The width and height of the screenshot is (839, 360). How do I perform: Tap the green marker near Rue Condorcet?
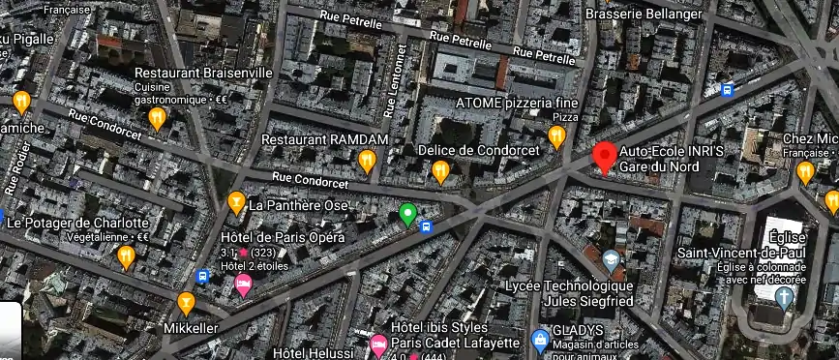(408, 214)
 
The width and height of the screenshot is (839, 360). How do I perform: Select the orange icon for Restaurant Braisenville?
(157, 117)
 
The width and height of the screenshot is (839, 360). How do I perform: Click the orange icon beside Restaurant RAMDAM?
(367, 160)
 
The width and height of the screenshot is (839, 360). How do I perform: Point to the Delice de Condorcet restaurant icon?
(440, 171)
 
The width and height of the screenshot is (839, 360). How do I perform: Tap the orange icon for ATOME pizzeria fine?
(556, 136)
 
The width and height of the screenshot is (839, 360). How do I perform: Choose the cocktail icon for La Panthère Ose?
(235, 202)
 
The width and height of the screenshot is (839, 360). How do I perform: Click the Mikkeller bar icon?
(186, 304)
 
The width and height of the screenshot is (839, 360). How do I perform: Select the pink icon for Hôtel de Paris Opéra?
(243, 285)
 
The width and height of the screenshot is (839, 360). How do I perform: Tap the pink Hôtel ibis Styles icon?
(378, 344)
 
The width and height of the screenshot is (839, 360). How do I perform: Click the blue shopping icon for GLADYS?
(540, 339)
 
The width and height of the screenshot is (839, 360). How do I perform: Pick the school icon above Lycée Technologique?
(611, 259)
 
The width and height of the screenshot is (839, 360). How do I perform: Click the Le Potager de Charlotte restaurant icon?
(126, 255)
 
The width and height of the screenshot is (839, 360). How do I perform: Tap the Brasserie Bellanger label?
(644, 14)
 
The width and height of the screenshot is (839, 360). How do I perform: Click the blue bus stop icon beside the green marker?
(427, 226)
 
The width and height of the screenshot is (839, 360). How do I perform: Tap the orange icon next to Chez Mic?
(804, 172)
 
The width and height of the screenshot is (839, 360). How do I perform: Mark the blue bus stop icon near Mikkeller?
(202, 277)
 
